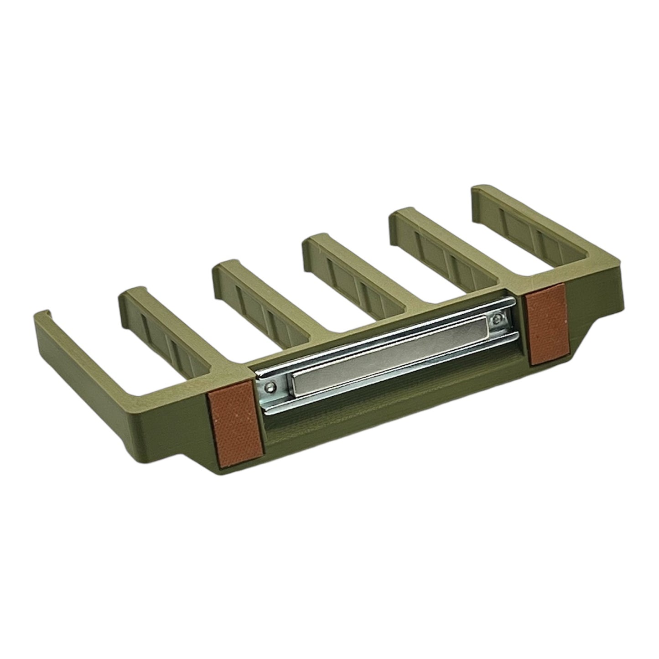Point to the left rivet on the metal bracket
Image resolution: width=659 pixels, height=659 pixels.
[272, 387]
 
